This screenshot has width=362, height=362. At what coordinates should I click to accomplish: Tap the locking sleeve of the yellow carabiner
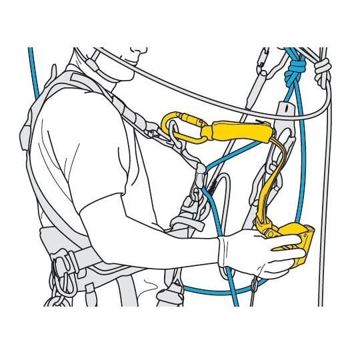click(198, 129)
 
